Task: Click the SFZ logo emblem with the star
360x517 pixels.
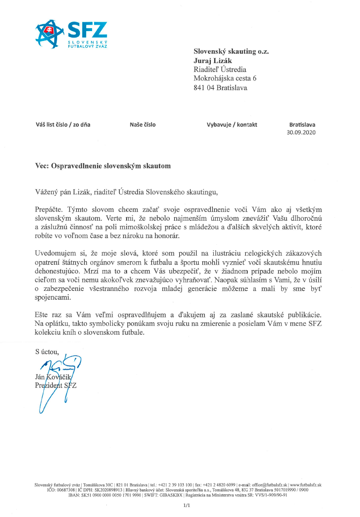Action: (49, 34)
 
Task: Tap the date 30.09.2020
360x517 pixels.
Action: (301, 133)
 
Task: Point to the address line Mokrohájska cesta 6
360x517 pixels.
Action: (225, 78)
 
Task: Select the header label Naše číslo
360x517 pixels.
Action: (142, 125)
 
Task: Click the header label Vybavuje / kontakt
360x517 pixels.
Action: (231, 125)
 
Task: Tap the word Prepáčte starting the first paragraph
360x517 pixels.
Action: (50, 207)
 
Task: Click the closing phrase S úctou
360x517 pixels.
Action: (47, 352)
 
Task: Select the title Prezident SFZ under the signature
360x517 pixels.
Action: (56, 385)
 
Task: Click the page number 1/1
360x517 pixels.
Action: (186, 506)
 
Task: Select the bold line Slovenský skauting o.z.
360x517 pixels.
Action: (231, 51)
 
